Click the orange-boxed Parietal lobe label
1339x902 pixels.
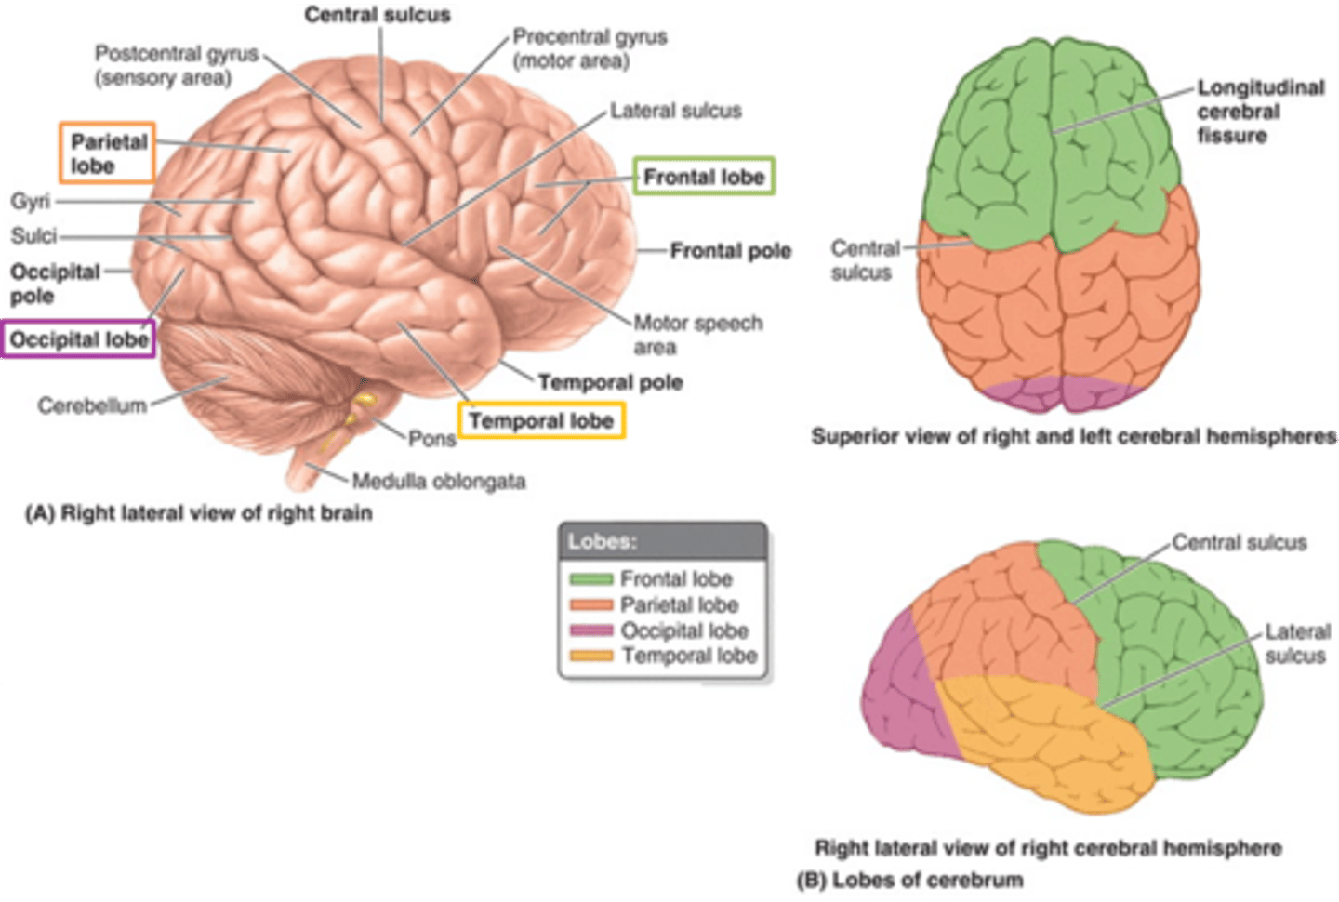click(108, 153)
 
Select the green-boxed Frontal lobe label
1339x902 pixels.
click(704, 177)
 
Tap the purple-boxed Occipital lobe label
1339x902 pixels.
click(79, 340)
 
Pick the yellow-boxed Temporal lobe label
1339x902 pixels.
click(541, 421)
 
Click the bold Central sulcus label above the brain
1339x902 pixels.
click(378, 15)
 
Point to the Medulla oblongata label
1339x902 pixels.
click(438, 482)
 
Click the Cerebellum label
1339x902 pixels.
click(92, 405)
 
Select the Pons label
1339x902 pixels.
click(432, 439)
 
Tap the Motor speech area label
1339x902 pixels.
click(697, 335)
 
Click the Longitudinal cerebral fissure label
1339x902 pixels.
click(1260, 112)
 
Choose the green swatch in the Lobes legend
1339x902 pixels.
click(590, 579)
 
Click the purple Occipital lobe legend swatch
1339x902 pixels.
click(590, 630)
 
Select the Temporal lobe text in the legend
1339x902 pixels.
click(689, 656)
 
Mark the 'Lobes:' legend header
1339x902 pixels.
click(603, 541)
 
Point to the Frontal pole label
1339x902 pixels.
click(730, 251)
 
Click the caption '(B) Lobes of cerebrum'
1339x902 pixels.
click(908, 880)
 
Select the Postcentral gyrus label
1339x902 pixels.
click(175, 65)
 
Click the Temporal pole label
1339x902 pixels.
click(610, 382)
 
